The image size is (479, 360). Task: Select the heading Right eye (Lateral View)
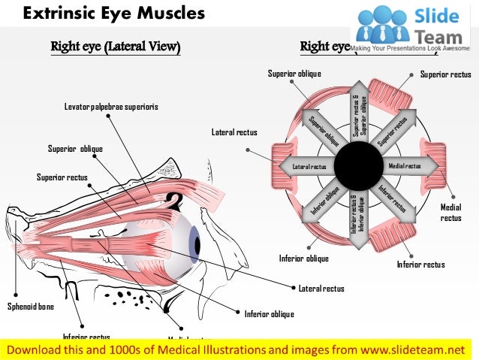(x=115, y=47)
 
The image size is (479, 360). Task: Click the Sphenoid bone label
(x=31, y=306)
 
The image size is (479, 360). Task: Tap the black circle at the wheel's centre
(x=356, y=165)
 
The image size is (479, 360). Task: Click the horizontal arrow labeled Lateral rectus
(x=306, y=165)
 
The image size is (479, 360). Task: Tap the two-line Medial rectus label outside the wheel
(x=451, y=212)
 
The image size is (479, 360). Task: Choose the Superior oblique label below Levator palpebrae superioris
(x=75, y=148)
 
